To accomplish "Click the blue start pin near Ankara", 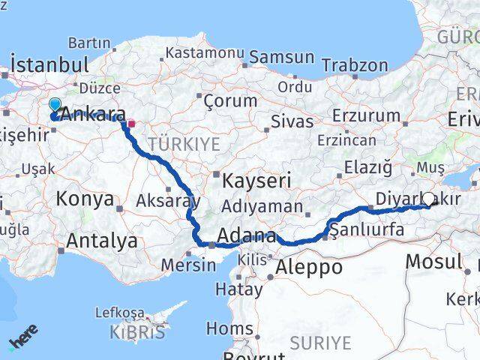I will pyautogui.click(x=55, y=106).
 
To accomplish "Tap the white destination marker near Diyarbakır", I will pyautogui.click(x=429, y=199).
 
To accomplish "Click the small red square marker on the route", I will pyautogui.click(x=131, y=124).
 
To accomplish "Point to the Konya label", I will pyautogui.click(x=85, y=200).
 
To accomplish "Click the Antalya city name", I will pyautogui.click(x=102, y=241).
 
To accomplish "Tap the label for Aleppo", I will pyautogui.click(x=308, y=266).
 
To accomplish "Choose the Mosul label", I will pyautogui.click(x=433, y=262).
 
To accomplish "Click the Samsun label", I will pyautogui.click(x=281, y=57).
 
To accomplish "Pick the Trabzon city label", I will pyautogui.click(x=355, y=65).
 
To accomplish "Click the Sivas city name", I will pyautogui.click(x=291, y=121).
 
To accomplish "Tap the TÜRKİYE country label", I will pyautogui.click(x=184, y=144).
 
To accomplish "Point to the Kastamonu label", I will pyautogui.click(x=205, y=53).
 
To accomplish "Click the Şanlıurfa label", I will pyautogui.click(x=367, y=231).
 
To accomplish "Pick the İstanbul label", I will pyautogui.click(x=52, y=64).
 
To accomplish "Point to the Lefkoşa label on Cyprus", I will pyautogui.click(x=119, y=312).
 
